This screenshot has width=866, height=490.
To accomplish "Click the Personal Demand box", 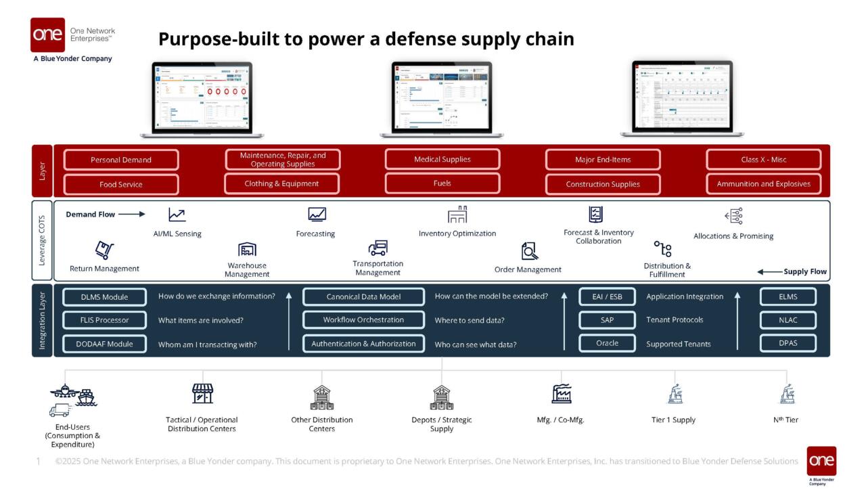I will click(x=121, y=160).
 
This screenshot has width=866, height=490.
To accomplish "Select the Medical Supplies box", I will click(x=442, y=159).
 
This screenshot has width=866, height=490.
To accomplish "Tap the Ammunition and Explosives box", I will click(x=763, y=183).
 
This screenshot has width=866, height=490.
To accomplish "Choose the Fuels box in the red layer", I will click(x=442, y=183).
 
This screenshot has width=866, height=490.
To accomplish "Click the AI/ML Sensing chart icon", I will click(x=177, y=215).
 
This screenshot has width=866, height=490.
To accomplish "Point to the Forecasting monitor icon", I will click(x=317, y=215).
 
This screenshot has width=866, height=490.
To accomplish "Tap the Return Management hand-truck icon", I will click(x=104, y=250).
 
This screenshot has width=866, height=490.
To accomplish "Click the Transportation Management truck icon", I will click(x=378, y=248).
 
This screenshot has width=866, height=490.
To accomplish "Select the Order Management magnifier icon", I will click(x=529, y=251).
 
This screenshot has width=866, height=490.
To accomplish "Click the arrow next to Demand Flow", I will click(x=133, y=215).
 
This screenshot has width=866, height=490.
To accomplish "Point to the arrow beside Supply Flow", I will click(x=769, y=271).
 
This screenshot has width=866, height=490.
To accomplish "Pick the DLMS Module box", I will click(x=104, y=296).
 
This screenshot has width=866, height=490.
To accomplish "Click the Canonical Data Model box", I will click(x=363, y=296).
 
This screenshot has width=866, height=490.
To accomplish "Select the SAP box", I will click(x=607, y=319).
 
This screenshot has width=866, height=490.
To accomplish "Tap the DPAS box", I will click(x=788, y=343).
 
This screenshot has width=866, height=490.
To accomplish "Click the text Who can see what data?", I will click(x=476, y=344).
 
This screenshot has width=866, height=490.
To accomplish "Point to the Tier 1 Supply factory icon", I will click(x=674, y=394).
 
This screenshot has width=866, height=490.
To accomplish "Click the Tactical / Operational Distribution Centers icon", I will click(x=202, y=393).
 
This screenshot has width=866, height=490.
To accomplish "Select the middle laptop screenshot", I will click(x=441, y=97).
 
